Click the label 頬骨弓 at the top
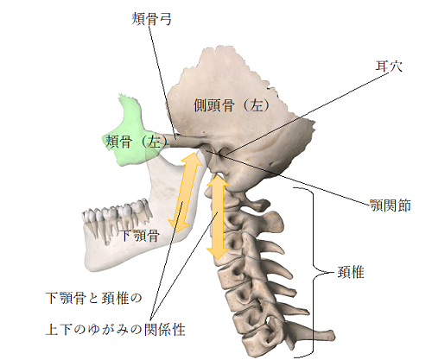tap(151, 19)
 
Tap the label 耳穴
tap(389, 66)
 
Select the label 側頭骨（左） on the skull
tap(232, 105)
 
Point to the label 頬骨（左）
tap(137, 142)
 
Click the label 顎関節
tap(391, 205)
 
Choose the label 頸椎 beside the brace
tap(351, 272)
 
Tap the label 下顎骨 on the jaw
tap(140, 236)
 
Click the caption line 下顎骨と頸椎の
tap(94, 298)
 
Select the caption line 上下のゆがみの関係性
tap(115, 329)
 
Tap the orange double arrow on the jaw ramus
tap(185, 193)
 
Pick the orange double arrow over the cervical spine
tap(217, 217)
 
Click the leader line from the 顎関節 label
tap(291, 179)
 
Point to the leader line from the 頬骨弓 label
tap(162, 81)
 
